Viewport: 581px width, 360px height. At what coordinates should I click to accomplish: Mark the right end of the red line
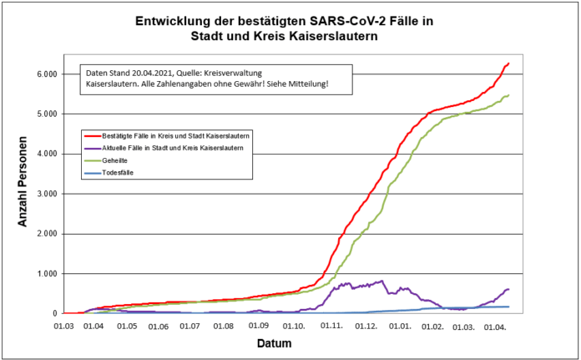508,63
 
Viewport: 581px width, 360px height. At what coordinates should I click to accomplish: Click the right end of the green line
508,95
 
